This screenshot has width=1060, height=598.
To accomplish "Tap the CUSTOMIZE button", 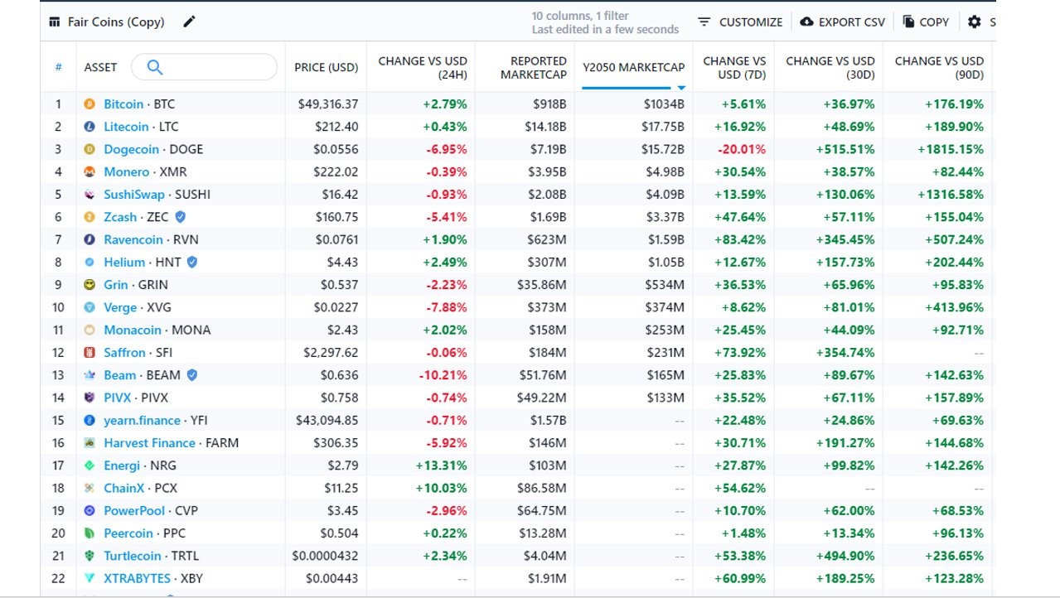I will coord(741,22).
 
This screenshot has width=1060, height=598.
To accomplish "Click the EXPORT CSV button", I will coord(843,22).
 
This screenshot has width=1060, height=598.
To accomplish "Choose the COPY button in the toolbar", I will coord(926,22).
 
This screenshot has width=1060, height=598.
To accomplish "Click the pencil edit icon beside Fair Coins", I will coord(190,22).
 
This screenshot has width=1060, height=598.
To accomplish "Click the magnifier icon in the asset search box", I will coord(155,67).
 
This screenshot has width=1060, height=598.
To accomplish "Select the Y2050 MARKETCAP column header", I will coord(633,67).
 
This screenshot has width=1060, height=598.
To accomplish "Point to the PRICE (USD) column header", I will coord(327,67).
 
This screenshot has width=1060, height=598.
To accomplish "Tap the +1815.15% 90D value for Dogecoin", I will coord(950,150).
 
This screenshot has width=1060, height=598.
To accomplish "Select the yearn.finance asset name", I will coord(142,421).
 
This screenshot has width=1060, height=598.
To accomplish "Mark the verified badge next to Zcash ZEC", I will coord(180,217).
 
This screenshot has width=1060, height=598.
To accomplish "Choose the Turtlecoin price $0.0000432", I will coord(325,556).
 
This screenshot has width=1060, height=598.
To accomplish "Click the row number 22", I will coord(58,578).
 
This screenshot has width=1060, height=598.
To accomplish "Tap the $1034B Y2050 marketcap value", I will coord(664,104).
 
